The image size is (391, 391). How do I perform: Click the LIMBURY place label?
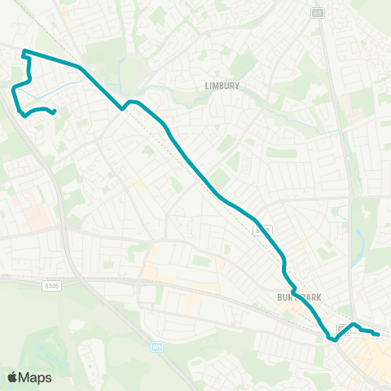tap(222, 84)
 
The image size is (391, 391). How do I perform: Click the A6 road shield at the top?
tap(316, 11)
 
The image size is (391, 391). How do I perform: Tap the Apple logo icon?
tap(12, 377)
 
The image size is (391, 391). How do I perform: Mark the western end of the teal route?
tap(54, 112)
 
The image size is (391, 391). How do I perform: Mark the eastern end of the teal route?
tap(378, 334)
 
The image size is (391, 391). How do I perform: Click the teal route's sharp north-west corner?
tap(23, 52)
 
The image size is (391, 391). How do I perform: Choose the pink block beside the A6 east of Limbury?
tap(345, 103)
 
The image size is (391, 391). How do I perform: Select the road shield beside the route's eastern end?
tap(343, 328)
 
